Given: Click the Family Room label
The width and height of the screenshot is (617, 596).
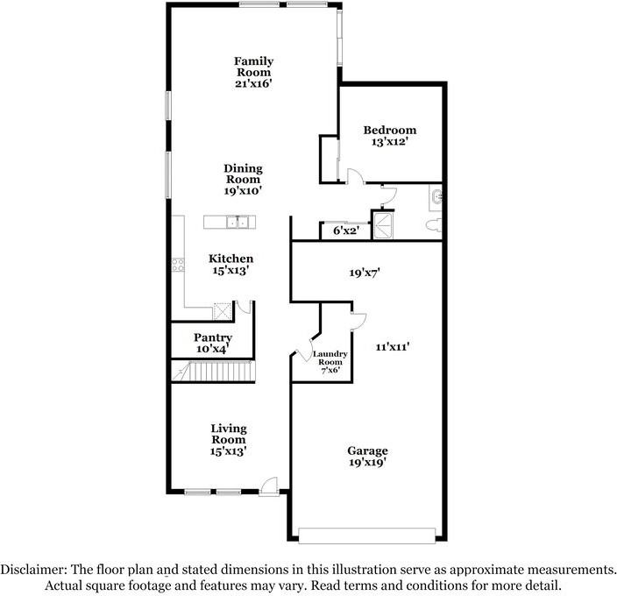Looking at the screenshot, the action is pos(254,67).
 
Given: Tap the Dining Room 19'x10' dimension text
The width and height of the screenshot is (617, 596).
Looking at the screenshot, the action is pos(243,191).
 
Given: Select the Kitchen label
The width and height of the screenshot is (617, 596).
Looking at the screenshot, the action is pos(231,259).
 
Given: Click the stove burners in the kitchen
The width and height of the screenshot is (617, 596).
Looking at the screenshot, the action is pos(178,265).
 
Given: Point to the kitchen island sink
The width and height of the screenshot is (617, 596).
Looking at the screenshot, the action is pos(238,223).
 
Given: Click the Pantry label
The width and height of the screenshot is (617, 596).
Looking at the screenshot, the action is pos(213,337).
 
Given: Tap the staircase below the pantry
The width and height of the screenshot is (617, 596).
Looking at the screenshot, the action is pos(214,372).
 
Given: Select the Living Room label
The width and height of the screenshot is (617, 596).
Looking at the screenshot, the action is pos(229,434).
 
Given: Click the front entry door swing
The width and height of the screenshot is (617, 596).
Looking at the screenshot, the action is pos(270,486).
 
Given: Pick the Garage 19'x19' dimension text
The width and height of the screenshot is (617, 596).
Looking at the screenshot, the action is pos(366,463).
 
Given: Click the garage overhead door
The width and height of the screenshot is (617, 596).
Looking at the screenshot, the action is pos(366,536).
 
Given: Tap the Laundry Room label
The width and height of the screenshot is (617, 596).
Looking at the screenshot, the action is pos(330,358).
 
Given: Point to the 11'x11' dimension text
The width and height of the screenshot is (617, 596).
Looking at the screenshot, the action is pos(393,347).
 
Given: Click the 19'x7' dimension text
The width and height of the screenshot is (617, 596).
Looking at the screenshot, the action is pos(365,273).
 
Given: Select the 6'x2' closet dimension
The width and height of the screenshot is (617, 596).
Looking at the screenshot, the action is pos(346,231).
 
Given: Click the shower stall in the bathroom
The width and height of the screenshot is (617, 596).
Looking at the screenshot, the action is pos(382,226).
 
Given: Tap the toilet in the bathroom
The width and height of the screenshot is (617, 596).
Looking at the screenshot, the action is pos(434,225).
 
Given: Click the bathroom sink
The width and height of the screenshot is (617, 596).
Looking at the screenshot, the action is pos(436,195).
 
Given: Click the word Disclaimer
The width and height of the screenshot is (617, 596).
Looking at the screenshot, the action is pos(33,569).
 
